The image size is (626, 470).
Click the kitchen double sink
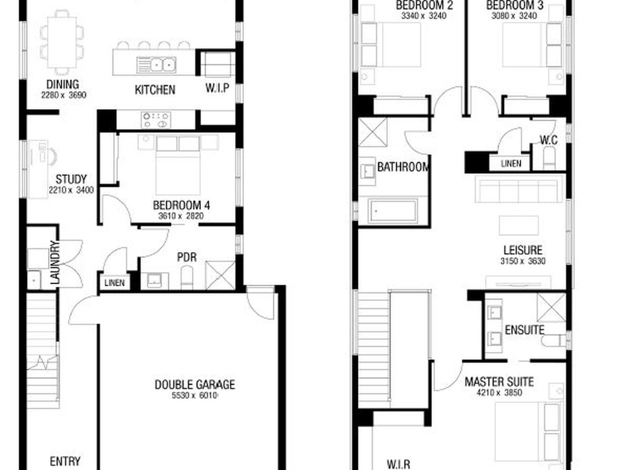[156, 65]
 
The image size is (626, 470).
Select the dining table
[62, 42]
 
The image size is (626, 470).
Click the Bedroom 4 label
[182, 205]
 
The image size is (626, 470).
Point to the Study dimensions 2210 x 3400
[71, 190]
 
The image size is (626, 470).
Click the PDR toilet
[187, 275]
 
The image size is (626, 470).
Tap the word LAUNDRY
[55, 263]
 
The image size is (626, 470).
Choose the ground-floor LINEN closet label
[114, 283]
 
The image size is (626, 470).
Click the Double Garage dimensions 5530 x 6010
[195, 395]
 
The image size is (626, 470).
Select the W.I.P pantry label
[218, 88]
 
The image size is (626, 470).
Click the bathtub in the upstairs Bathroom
[393, 210]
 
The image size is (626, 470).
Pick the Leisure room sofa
[518, 189]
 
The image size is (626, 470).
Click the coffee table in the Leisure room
[519, 226]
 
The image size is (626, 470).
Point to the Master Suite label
[499, 382]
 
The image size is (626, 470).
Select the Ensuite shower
[551, 308]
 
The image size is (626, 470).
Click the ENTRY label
[65, 461]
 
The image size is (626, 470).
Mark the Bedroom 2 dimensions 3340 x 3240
[424, 16]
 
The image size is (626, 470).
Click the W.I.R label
[399, 464]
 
